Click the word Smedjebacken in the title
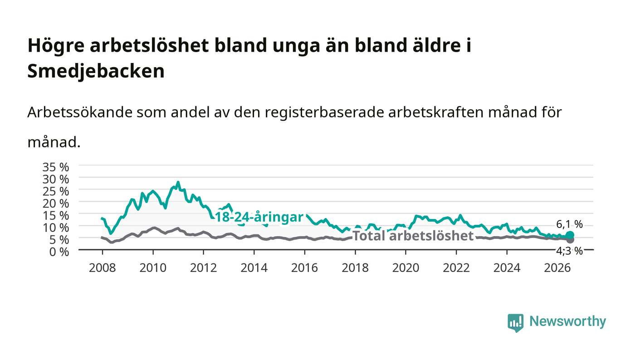pyautogui.click(x=96, y=71)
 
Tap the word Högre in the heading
pyautogui.click(x=56, y=46)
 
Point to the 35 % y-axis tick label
pyautogui.click(x=55, y=167)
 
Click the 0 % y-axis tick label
pyautogui.click(x=59, y=252)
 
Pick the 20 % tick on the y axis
pyautogui.click(x=55, y=204)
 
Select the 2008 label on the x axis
pyautogui.click(x=103, y=268)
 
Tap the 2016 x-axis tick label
pyautogui.click(x=304, y=268)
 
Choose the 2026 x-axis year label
pyautogui.click(x=557, y=268)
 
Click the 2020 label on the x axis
pyautogui.click(x=405, y=268)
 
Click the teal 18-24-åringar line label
pyautogui.click(x=259, y=218)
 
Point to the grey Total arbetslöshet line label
pyautogui.click(x=413, y=236)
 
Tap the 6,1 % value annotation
pyautogui.click(x=569, y=224)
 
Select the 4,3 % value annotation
pyautogui.click(x=569, y=251)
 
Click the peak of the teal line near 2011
pyautogui.click(x=178, y=182)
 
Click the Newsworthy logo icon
pyautogui.click(x=515, y=323)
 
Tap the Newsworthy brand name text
pyautogui.click(x=567, y=321)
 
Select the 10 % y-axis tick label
pyautogui.click(x=55, y=228)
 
